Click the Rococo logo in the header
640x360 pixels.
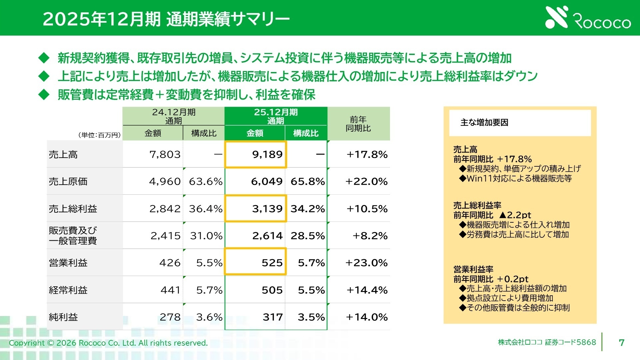(588, 18)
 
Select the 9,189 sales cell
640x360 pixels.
(256, 154)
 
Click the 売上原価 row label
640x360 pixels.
(68, 182)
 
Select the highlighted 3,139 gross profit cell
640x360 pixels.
(256, 209)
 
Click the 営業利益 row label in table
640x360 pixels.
(68, 263)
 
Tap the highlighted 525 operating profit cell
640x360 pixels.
(256, 263)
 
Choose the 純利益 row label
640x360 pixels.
(63, 317)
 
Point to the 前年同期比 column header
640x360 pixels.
(358, 124)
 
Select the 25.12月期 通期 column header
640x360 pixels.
(276, 116)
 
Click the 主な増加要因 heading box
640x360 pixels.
(520, 123)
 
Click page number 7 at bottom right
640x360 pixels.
(621, 343)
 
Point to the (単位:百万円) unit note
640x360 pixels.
(100, 135)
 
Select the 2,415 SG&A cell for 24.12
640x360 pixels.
(165, 236)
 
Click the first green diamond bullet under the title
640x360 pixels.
(44, 58)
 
